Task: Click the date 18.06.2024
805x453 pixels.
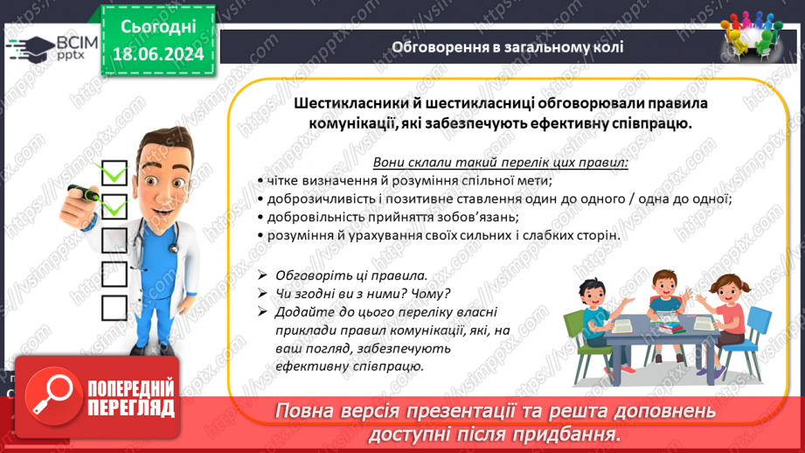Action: [158, 54]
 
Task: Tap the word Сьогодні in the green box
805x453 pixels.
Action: [158, 27]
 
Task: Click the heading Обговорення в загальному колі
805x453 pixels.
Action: [507, 47]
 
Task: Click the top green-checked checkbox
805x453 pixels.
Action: [114, 172]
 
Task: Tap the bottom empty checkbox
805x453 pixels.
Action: [114, 308]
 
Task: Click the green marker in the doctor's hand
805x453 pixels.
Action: [84, 193]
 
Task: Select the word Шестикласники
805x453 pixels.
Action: [351, 103]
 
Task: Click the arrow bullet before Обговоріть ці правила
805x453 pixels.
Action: [262, 275]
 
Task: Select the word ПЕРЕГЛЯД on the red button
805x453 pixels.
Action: [131, 408]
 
